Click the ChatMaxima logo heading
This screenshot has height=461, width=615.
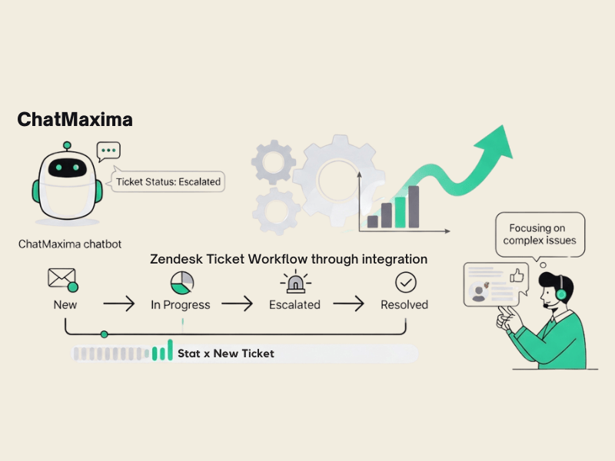click(x=75, y=120)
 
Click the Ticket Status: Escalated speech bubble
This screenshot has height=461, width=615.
click(x=168, y=182)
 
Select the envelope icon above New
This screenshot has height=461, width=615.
click(x=62, y=280)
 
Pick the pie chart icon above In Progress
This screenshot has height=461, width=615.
click(x=181, y=282)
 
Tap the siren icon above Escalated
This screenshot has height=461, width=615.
click(x=294, y=282)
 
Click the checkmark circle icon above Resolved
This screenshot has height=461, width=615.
click(x=405, y=282)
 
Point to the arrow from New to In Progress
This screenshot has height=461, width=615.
click(x=118, y=304)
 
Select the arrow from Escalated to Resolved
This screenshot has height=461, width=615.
click(x=348, y=304)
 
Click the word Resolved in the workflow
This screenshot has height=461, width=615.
click(x=404, y=305)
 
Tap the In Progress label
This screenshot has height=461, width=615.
click(x=181, y=305)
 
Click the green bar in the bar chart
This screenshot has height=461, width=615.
click(x=400, y=212)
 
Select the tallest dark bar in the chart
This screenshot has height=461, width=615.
click(x=414, y=207)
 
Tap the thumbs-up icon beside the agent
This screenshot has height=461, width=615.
click(x=516, y=274)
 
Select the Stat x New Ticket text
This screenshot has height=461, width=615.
click(x=225, y=353)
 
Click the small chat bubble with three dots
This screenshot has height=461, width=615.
click(x=108, y=151)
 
